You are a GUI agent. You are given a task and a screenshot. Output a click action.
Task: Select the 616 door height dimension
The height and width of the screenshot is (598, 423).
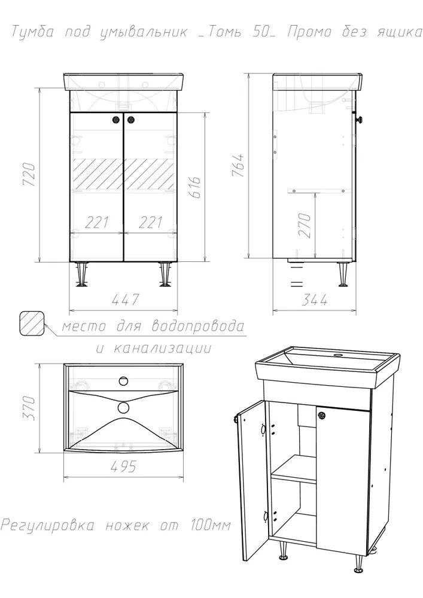coord(195,187)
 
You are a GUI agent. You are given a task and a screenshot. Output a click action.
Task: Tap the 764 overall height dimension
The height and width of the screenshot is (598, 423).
coord(238,165)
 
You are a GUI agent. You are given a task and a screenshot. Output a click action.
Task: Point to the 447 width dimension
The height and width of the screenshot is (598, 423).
coord(124,300)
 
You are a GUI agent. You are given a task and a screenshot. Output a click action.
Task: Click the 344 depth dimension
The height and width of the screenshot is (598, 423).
coord(314,300)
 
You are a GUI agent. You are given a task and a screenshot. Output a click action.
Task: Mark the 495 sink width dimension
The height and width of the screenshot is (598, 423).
coord(123,466)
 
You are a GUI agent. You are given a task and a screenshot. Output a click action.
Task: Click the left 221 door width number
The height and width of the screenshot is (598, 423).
coord(96,222)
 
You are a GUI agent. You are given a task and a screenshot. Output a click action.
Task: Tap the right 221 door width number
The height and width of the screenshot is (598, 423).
coord(150,222)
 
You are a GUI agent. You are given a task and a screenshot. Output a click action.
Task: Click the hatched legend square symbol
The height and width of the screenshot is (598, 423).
coord(32,324)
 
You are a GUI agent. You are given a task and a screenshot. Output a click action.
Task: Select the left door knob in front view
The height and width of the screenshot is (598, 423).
coord(116,120)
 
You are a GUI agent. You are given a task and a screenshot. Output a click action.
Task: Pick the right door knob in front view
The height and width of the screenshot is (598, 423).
coord(131,120)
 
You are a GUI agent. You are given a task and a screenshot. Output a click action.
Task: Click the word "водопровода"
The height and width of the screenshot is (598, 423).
coord(197,327)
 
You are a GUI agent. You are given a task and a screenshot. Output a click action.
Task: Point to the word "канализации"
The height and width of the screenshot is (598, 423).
coord(163,348)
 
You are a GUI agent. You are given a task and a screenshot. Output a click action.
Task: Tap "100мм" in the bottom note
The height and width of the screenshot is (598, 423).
coord(210,525)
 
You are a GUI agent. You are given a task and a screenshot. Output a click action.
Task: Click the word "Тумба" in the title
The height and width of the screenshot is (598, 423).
coord(32,32)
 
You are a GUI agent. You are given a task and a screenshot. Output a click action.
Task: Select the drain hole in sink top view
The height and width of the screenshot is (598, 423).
coord(124,407)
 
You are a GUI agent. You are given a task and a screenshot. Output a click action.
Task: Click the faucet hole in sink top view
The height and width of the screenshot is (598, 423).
coord(124,380)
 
